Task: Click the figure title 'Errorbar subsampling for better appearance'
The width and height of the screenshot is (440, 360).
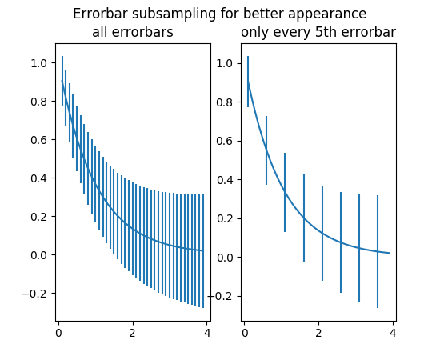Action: (x=220, y=14)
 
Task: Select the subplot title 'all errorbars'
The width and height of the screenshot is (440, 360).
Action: (x=133, y=32)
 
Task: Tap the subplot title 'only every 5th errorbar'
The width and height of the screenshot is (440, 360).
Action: (x=318, y=32)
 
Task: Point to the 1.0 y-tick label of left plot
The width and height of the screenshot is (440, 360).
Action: (x=38, y=63)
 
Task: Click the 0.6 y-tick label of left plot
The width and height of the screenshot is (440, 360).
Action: (x=38, y=140)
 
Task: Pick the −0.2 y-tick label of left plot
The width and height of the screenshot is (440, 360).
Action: (x=34, y=294)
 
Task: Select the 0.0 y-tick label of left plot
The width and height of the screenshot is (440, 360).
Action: (x=38, y=255)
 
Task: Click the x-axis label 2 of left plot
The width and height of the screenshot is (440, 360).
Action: (x=133, y=333)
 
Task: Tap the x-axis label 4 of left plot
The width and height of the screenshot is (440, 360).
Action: (x=207, y=333)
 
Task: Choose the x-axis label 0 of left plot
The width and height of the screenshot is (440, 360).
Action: (x=58, y=333)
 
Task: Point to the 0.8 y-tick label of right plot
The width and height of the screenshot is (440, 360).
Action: (x=225, y=102)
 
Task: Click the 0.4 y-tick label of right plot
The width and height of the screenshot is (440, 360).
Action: (x=225, y=180)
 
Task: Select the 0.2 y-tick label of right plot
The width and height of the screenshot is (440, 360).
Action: (x=225, y=218)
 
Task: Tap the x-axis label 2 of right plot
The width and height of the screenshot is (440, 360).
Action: (x=318, y=333)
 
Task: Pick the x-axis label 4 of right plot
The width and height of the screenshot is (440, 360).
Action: (x=393, y=333)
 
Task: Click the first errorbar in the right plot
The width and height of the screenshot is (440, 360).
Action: (x=248, y=82)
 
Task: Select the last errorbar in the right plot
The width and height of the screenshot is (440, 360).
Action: (x=378, y=252)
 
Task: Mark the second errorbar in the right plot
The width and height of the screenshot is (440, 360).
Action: (x=266, y=150)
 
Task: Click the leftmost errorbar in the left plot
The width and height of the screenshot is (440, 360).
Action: (x=62, y=82)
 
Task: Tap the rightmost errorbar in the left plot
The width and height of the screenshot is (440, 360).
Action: (x=203, y=250)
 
